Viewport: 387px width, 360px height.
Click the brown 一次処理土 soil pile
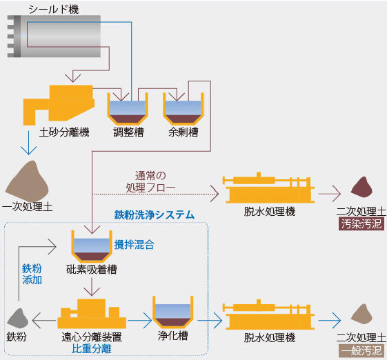(28, 181)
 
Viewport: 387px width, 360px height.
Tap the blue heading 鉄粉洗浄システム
(154, 215)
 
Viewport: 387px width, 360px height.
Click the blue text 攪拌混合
(134, 244)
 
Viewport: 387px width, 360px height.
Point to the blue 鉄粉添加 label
(32, 275)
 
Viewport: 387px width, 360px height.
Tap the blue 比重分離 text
(92, 349)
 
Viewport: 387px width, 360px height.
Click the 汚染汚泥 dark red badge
(361, 224)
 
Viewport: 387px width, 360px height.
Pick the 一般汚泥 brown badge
(361, 350)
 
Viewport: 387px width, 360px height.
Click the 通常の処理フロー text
(151, 181)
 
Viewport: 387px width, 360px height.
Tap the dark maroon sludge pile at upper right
(361, 188)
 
